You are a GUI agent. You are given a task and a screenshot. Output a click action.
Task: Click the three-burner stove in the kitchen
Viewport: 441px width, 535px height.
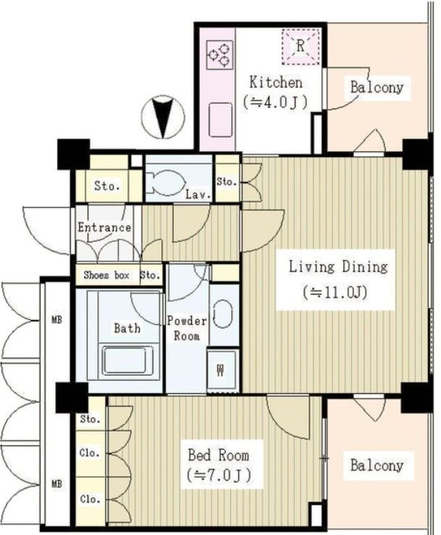[x=220, y=54]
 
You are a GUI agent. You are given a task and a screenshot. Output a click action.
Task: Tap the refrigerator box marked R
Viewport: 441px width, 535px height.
[x=301, y=46]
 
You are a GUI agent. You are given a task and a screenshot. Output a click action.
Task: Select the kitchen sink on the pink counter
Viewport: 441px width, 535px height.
[x=220, y=119]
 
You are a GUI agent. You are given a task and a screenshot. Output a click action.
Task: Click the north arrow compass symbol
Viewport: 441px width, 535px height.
[x=163, y=117]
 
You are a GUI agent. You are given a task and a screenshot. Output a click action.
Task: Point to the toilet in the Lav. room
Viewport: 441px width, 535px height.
[x=166, y=183]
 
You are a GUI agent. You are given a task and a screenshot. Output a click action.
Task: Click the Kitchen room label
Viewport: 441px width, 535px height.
[x=276, y=83]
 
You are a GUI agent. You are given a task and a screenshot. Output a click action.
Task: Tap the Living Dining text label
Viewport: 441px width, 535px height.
[x=338, y=267]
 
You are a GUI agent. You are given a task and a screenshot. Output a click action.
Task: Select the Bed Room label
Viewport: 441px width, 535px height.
[x=219, y=455]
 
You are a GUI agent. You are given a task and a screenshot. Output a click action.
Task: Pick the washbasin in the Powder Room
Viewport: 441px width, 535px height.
[x=223, y=314]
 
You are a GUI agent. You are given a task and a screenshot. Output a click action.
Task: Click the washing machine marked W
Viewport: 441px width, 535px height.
[x=221, y=370]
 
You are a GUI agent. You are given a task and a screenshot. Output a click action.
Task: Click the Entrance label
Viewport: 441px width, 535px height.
[x=104, y=227]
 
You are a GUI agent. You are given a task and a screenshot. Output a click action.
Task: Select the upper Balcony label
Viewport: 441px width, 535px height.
[x=377, y=87]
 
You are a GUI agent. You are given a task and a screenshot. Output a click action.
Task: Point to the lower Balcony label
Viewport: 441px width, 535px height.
[x=377, y=465]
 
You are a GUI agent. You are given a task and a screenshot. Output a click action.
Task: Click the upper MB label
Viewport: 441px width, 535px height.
[x=56, y=320]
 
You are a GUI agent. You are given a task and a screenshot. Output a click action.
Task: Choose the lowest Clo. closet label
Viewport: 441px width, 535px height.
[x=90, y=500]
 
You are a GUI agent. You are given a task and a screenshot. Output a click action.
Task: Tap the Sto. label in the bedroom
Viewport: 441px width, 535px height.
[x=90, y=418]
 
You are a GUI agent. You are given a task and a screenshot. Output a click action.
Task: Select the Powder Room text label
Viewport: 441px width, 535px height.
[x=187, y=329]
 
